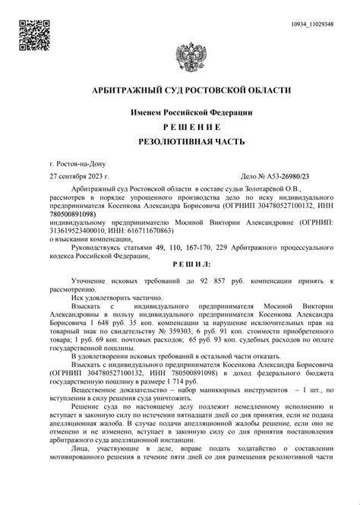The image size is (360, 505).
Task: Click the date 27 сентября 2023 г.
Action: [79, 175]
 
